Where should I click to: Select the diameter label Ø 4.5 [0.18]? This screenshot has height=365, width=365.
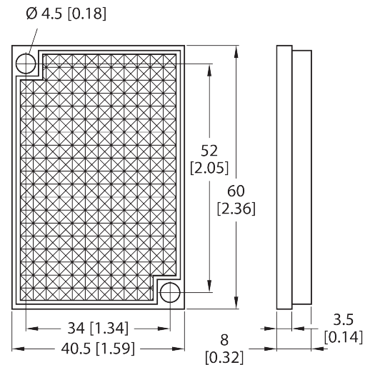tap(66, 14)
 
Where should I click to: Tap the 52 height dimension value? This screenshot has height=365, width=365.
tap(209, 151)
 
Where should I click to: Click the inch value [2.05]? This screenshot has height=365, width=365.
tap(209, 168)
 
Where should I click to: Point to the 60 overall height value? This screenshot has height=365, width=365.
tap(236, 191)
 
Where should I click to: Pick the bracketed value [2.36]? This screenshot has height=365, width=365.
tap(236, 209)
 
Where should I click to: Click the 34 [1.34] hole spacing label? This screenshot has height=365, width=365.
tap(98, 328)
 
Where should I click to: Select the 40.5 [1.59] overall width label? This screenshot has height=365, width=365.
tap(98, 349)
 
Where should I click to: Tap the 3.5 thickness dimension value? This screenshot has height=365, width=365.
tap(343, 319)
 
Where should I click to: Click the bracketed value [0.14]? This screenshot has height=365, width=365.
tap(343, 337)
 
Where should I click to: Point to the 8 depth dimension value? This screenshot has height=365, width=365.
tap(224, 340)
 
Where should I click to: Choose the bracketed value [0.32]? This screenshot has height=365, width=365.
tap(224, 357)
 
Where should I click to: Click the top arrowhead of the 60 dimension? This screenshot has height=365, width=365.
tap(236, 52)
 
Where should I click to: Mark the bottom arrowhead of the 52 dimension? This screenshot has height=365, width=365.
tap(209, 286)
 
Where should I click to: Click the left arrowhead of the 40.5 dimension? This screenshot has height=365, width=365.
tap(18, 349)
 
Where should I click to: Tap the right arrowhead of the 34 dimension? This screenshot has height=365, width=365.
tap(164, 329)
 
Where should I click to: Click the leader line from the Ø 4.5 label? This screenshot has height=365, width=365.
tap(33, 41)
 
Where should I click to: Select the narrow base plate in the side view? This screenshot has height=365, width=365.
tap(284, 177)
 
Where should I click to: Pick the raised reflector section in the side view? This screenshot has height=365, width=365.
tap(302, 177)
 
